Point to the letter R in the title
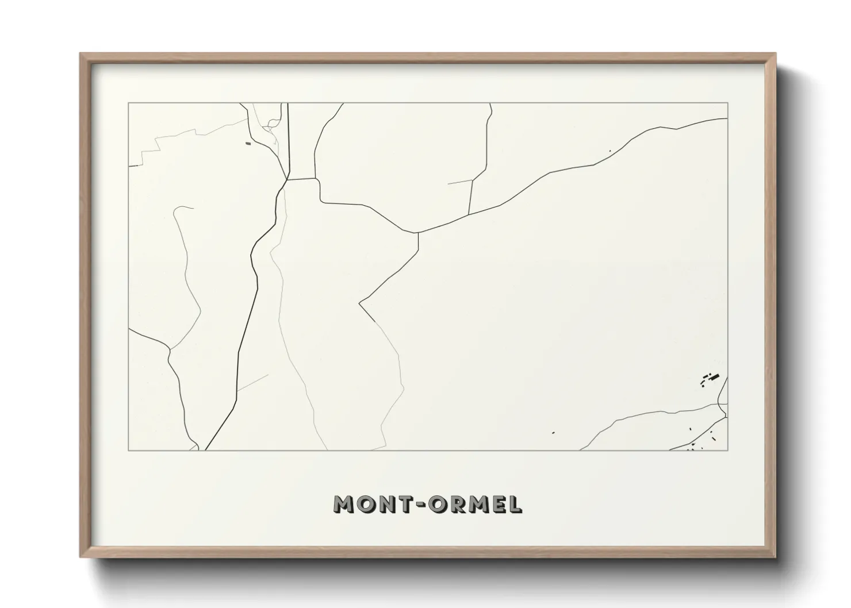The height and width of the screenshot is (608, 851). point(461,504)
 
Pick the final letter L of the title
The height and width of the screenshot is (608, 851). point(516,504)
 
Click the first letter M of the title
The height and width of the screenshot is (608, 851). point(345,504)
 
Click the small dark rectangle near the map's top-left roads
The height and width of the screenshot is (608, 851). point(248,144)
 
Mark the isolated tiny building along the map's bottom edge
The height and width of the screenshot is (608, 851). point(553,433)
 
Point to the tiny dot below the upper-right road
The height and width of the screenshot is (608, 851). point(610,152)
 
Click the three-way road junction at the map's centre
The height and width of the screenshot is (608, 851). point(418,233)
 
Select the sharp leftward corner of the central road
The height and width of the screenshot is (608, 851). point(359,302)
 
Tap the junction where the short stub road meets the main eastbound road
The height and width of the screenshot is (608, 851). point(470,214)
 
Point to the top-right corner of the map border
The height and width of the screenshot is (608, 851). point(728,103)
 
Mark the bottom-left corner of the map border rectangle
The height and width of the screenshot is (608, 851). point(129,450)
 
